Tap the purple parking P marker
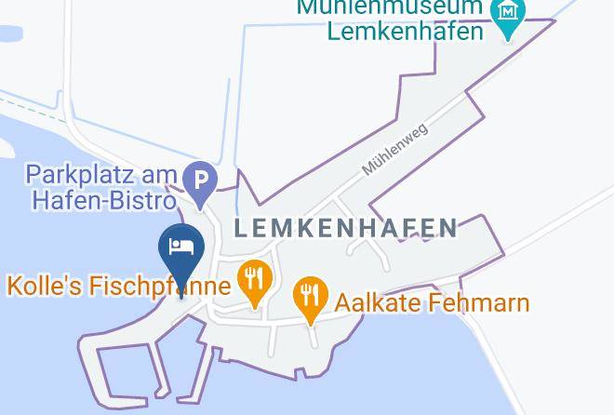click(x=200, y=181)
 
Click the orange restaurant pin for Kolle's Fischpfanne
click(x=253, y=279)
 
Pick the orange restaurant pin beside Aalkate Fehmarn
click(x=310, y=298)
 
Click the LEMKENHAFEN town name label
click(x=345, y=228)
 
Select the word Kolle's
click(x=46, y=286)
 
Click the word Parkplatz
click(x=75, y=174)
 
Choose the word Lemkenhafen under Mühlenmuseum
click(x=406, y=31)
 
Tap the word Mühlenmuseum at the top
click(x=391, y=7)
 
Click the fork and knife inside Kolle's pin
click(x=253, y=276)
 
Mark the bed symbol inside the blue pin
click(x=181, y=247)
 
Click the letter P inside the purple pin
click(x=200, y=177)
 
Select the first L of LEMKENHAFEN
click(x=241, y=228)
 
